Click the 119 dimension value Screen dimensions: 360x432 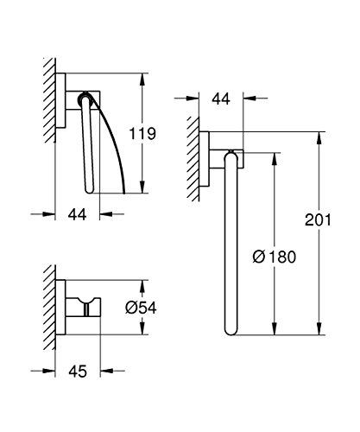tap(142, 134)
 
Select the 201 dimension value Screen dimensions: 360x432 tap(318, 219)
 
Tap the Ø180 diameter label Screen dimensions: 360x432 tap(275, 257)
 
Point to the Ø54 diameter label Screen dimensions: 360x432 tap(141, 308)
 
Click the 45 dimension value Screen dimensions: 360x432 tap(78, 372)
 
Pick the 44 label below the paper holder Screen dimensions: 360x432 tap(77, 214)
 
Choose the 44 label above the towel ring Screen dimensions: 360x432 tap(221, 98)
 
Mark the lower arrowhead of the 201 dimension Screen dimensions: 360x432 tap(319, 329)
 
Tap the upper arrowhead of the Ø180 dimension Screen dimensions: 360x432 tap(275, 158)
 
